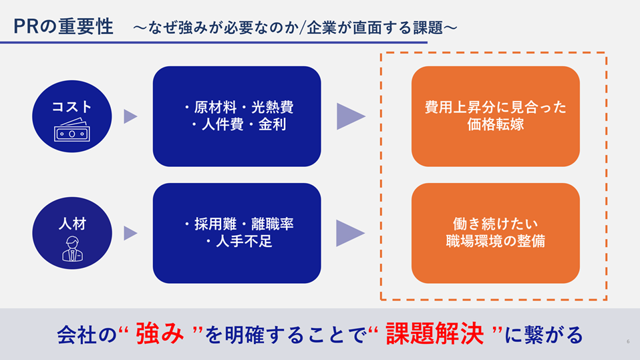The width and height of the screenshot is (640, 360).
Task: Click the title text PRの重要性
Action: click(63, 27)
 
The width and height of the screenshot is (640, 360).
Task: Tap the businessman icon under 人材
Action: click(72, 248)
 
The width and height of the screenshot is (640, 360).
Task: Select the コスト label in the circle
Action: click(72, 107)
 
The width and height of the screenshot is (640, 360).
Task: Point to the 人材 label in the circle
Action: click(72, 224)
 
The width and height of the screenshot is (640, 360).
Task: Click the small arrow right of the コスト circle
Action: click(130, 116)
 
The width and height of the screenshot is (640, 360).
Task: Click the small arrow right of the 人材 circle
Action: click(130, 233)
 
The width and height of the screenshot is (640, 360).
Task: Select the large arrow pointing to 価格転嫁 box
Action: click(351, 116)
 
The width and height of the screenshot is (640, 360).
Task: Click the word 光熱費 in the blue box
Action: click(273, 108)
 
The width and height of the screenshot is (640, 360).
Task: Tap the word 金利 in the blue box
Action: click(273, 124)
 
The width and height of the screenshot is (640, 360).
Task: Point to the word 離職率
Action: click(273, 224)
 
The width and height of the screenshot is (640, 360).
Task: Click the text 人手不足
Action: click(244, 241)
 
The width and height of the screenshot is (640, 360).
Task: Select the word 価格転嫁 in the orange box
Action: click(496, 124)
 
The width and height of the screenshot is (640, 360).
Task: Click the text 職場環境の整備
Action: click(496, 241)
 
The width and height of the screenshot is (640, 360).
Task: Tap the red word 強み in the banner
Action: click(160, 333)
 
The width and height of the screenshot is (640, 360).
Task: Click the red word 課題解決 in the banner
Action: click(435, 333)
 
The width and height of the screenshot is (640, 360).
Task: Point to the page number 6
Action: click(628, 341)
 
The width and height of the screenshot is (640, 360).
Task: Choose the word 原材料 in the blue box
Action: click(215, 108)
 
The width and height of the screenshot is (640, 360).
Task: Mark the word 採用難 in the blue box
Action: click(215, 224)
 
